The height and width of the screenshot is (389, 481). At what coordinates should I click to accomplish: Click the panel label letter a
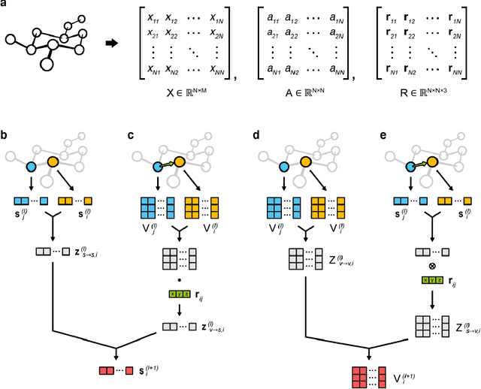pyautogui.click(x=5, y=5)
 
